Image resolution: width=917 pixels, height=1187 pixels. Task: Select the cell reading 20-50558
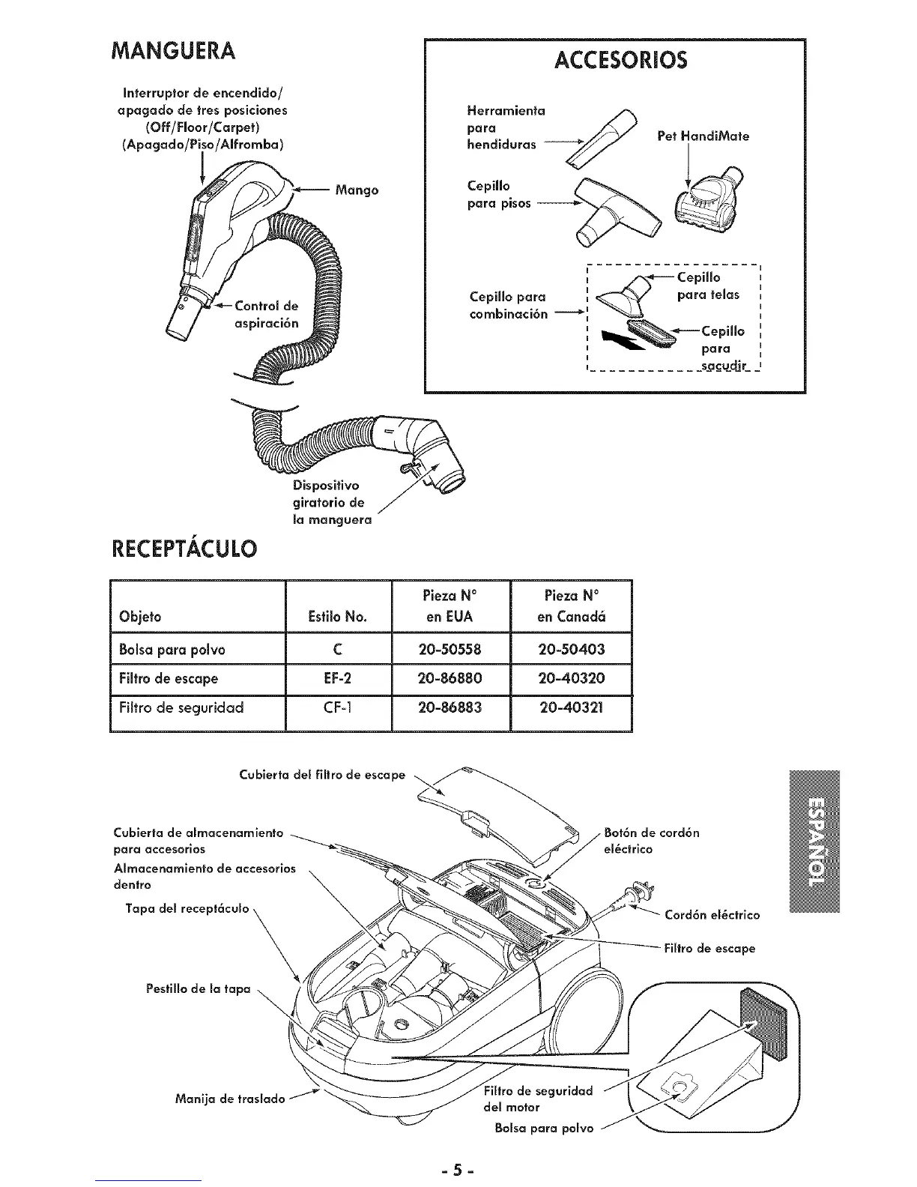[x=450, y=649]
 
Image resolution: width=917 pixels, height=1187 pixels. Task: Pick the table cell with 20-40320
[x=572, y=679]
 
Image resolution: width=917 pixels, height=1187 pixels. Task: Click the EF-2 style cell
[x=338, y=679]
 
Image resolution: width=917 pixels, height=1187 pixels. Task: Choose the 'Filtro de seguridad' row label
[x=181, y=708]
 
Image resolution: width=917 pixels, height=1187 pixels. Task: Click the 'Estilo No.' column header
[x=338, y=617]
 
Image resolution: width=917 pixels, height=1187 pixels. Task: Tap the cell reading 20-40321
[x=572, y=708]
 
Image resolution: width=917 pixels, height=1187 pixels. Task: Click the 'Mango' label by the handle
[x=357, y=190]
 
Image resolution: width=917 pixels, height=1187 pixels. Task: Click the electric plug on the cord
[x=640, y=892]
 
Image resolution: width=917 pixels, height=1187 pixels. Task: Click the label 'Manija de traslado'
[x=229, y=1099]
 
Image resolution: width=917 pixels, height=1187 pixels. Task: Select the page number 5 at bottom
[x=458, y=1168]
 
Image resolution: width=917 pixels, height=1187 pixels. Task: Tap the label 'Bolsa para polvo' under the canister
[x=544, y=1128]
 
